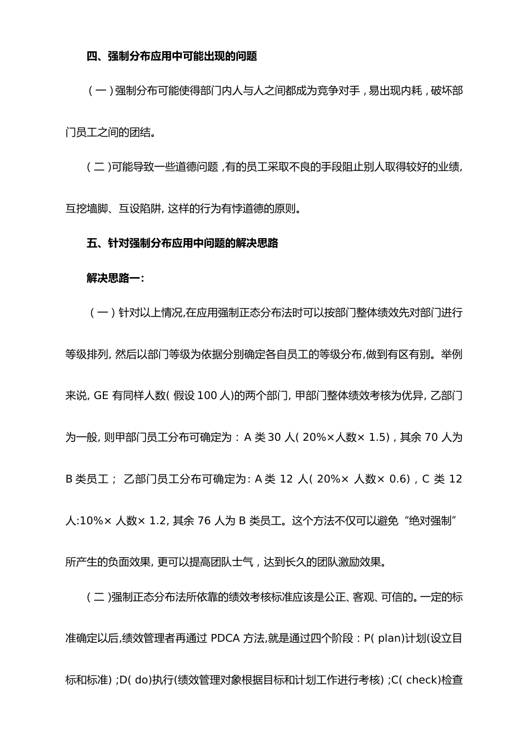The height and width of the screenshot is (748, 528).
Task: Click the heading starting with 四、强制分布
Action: (172, 56)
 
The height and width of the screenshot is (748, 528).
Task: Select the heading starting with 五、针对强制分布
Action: (182, 243)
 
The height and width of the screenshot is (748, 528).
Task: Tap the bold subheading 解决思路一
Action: (115, 278)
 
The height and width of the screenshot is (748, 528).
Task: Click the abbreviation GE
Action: (101, 396)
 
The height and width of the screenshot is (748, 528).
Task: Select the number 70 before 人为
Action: (431, 437)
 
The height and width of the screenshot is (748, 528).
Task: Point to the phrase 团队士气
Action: (220, 562)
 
